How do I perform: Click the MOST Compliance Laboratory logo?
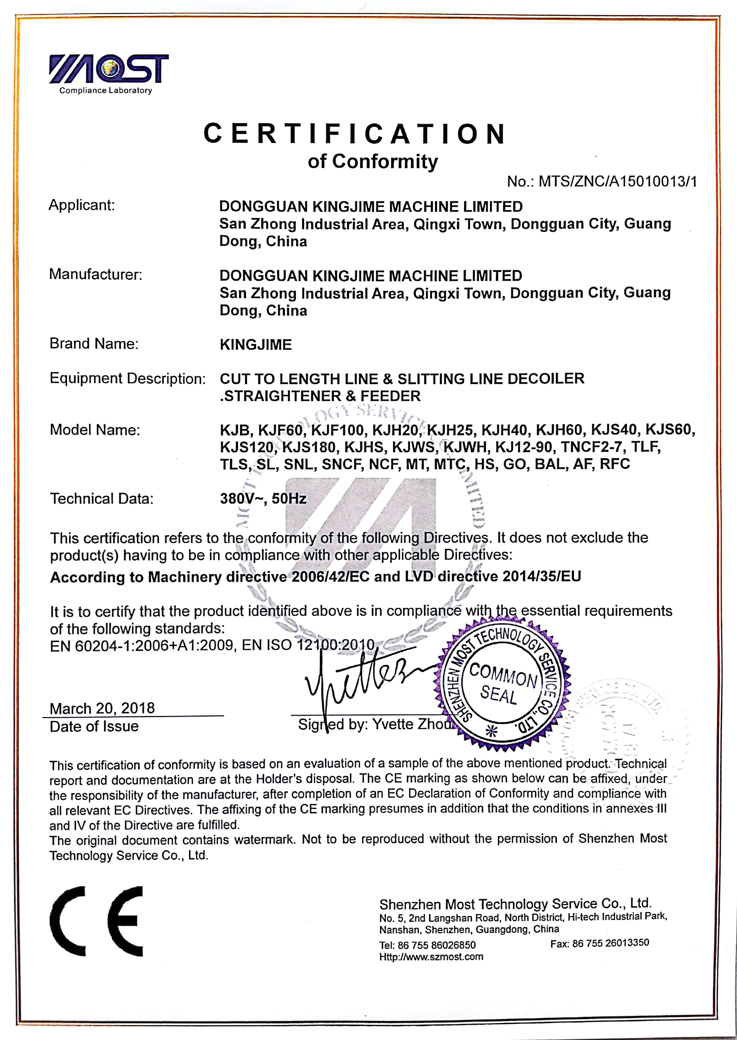109,73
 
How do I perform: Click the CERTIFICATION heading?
354,134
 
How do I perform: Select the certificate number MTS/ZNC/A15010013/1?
617,182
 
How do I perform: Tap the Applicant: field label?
82,205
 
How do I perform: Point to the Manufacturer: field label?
95,274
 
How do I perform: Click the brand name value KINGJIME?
255,344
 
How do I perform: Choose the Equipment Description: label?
127,379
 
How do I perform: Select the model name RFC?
615,464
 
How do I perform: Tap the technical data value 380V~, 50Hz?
263,499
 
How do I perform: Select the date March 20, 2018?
102,708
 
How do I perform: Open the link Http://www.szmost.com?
431,957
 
